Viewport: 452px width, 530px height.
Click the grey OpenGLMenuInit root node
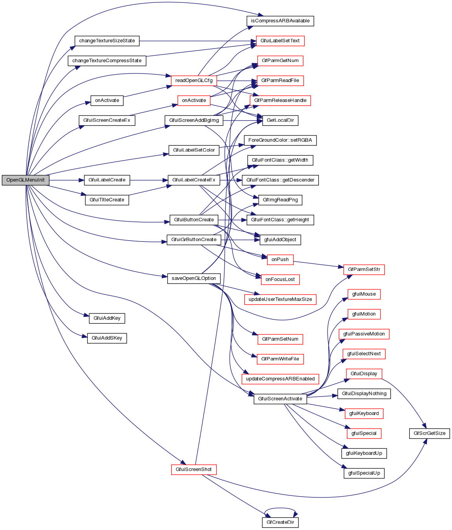(x=26, y=180)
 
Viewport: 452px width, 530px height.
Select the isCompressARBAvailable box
(x=280, y=21)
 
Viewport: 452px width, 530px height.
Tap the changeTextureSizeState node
(x=107, y=41)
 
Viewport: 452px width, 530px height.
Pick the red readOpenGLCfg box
(x=194, y=80)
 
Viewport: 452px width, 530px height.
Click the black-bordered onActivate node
(x=107, y=101)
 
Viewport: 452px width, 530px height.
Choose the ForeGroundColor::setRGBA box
(x=280, y=140)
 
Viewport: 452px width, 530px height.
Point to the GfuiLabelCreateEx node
(x=194, y=180)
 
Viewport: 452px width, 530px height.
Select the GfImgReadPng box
(x=280, y=200)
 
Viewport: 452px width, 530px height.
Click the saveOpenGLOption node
(x=194, y=278)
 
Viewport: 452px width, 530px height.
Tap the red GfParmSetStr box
(x=364, y=270)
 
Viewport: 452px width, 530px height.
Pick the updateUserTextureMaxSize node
(x=280, y=299)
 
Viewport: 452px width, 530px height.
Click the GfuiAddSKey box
(x=107, y=338)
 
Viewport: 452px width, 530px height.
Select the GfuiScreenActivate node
(x=280, y=399)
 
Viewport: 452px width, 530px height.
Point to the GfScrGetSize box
(x=429, y=433)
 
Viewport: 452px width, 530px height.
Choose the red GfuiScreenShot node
(x=194, y=470)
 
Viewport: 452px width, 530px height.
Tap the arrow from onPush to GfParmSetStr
(x=318, y=264)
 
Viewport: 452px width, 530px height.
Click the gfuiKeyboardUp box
(x=364, y=453)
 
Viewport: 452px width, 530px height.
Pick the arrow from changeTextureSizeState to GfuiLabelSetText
(x=196, y=41)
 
